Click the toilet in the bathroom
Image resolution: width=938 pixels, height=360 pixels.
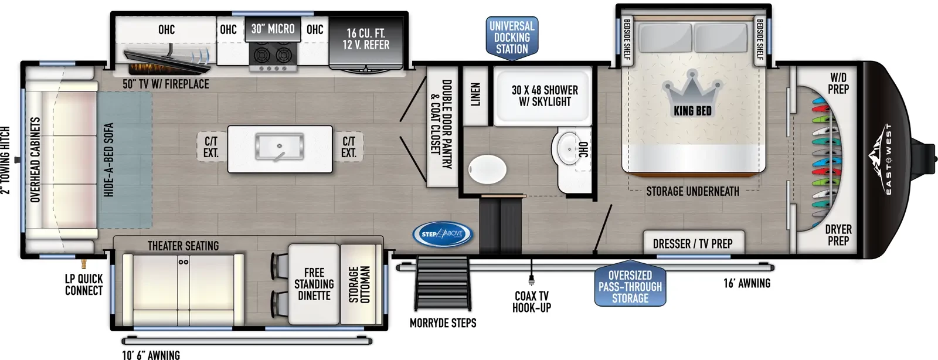[x=487, y=169]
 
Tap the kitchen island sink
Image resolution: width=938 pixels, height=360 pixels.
[x=279, y=147]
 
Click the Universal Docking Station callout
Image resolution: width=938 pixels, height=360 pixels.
[x=512, y=38]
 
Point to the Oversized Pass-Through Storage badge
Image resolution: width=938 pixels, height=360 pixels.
[x=630, y=286]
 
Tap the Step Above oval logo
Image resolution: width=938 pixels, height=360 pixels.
[x=442, y=234]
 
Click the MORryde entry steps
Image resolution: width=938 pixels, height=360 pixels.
[x=443, y=284]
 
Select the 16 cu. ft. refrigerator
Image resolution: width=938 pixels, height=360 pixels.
[x=366, y=43]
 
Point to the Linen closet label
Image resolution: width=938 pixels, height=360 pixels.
[x=475, y=94]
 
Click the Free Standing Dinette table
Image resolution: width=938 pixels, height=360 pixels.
[x=314, y=284]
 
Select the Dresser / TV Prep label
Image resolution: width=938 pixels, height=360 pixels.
[x=693, y=244]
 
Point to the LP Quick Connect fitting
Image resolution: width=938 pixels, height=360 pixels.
[x=84, y=263]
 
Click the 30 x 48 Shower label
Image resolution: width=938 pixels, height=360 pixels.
[x=545, y=96]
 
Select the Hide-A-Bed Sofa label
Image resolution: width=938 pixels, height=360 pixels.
[x=109, y=160]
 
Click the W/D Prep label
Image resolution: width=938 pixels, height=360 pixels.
[x=838, y=83]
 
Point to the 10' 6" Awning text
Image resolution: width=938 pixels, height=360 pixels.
[x=151, y=355]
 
